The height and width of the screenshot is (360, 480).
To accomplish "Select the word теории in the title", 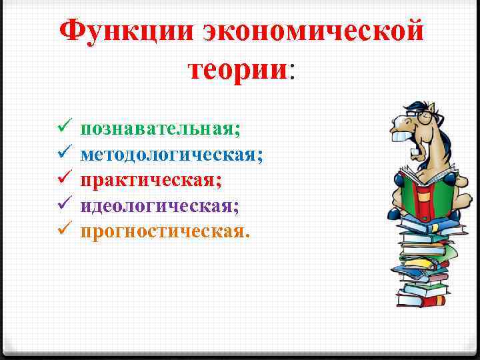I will click(x=237, y=69).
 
